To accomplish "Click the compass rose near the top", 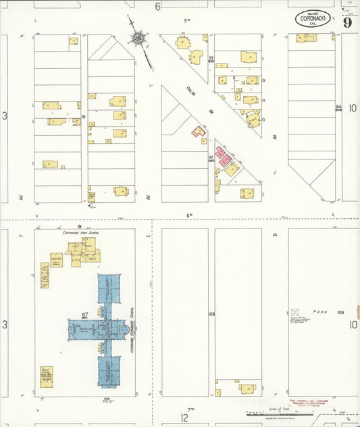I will click(x=138, y=39).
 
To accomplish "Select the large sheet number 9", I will click(x=346, y=22).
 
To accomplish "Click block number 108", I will click(x=211, y=314).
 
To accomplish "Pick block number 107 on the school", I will click(x=85, y=316).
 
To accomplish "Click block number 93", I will click(x=211, y=59).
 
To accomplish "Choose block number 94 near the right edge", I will click(x=338, y=107).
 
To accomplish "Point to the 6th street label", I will click(x=190, y=216).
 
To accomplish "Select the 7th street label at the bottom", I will click(x=190, y=409).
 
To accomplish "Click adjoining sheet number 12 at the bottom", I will click(x=184, y=418).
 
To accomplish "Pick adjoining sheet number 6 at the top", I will click(x=157, y=7).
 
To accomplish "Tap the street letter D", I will click(x=276, y=234).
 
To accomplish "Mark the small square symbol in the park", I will click(x=294, y=313).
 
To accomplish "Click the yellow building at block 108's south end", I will click(x=247, y=388).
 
